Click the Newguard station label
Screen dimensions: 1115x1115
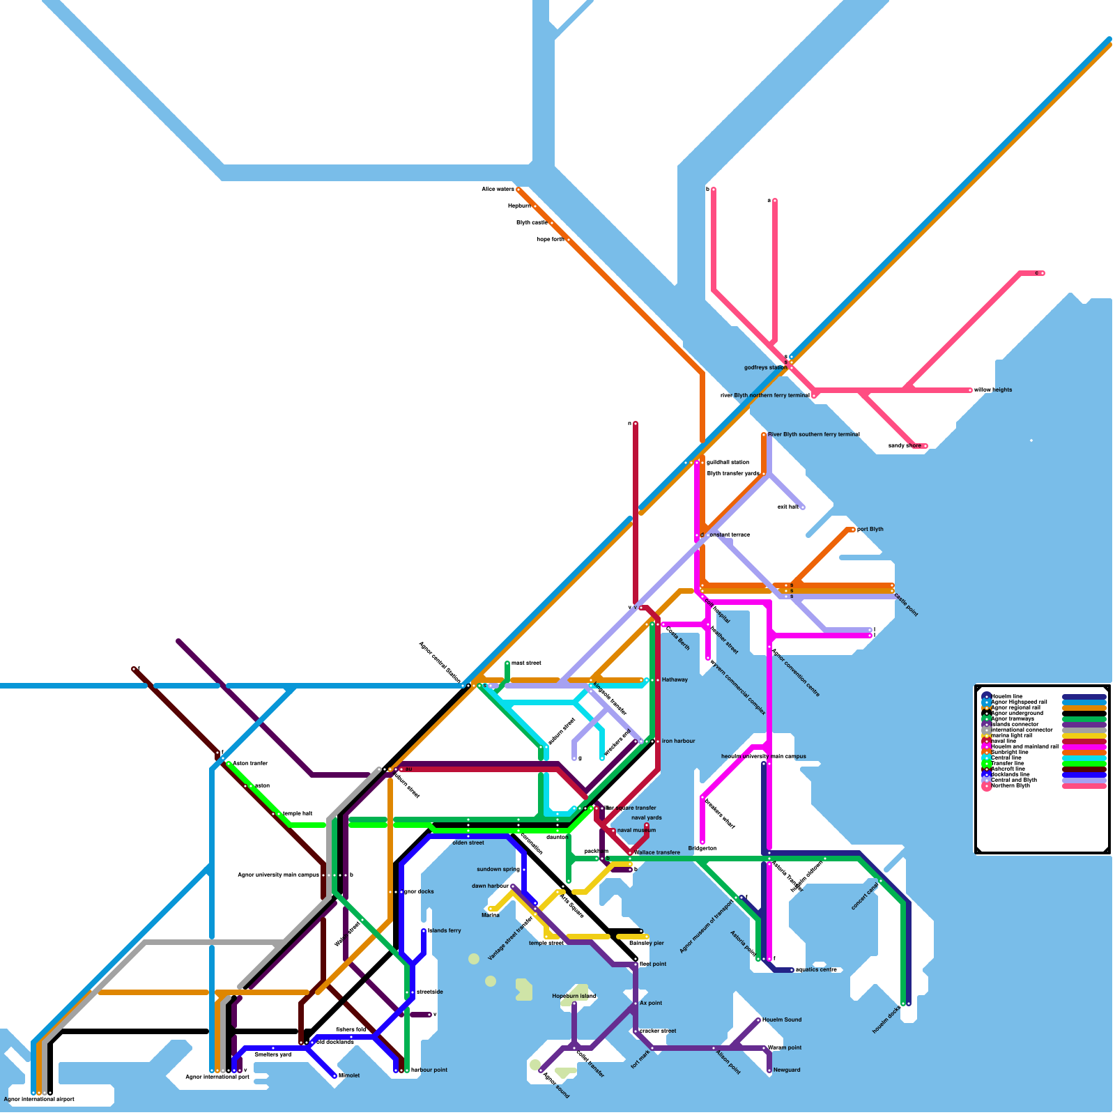tap(787, 1070)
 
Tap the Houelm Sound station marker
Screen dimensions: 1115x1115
tap(758, 1020)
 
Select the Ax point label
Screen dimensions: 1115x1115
tap(651, 1003)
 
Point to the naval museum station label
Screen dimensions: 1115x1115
tap(636, 830)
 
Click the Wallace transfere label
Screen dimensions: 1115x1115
tap(657, 852)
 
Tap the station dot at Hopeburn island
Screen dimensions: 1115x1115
tap(574, 1003)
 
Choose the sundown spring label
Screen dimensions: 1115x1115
tap(498, 869)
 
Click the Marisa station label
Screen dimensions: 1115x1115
tap(491, 915)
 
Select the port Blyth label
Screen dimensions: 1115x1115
tap(870, 529)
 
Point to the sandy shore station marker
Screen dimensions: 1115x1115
tap(925, 446)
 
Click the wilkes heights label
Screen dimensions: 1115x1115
tap(993, 390)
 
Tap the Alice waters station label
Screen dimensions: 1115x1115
tap(498, 189)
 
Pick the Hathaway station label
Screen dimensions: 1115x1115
tap(675, 679)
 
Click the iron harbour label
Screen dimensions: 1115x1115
tap(678, 741)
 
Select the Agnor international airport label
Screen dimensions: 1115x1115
tap(39, 1099)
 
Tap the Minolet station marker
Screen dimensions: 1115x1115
tap(334, 1076)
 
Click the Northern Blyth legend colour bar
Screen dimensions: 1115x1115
tap(1084, 785)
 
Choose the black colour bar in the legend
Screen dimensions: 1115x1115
tap(1084, 713)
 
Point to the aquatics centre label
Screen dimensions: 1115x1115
tap(816, 969)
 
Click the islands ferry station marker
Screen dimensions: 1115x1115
tap(424, 931)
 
